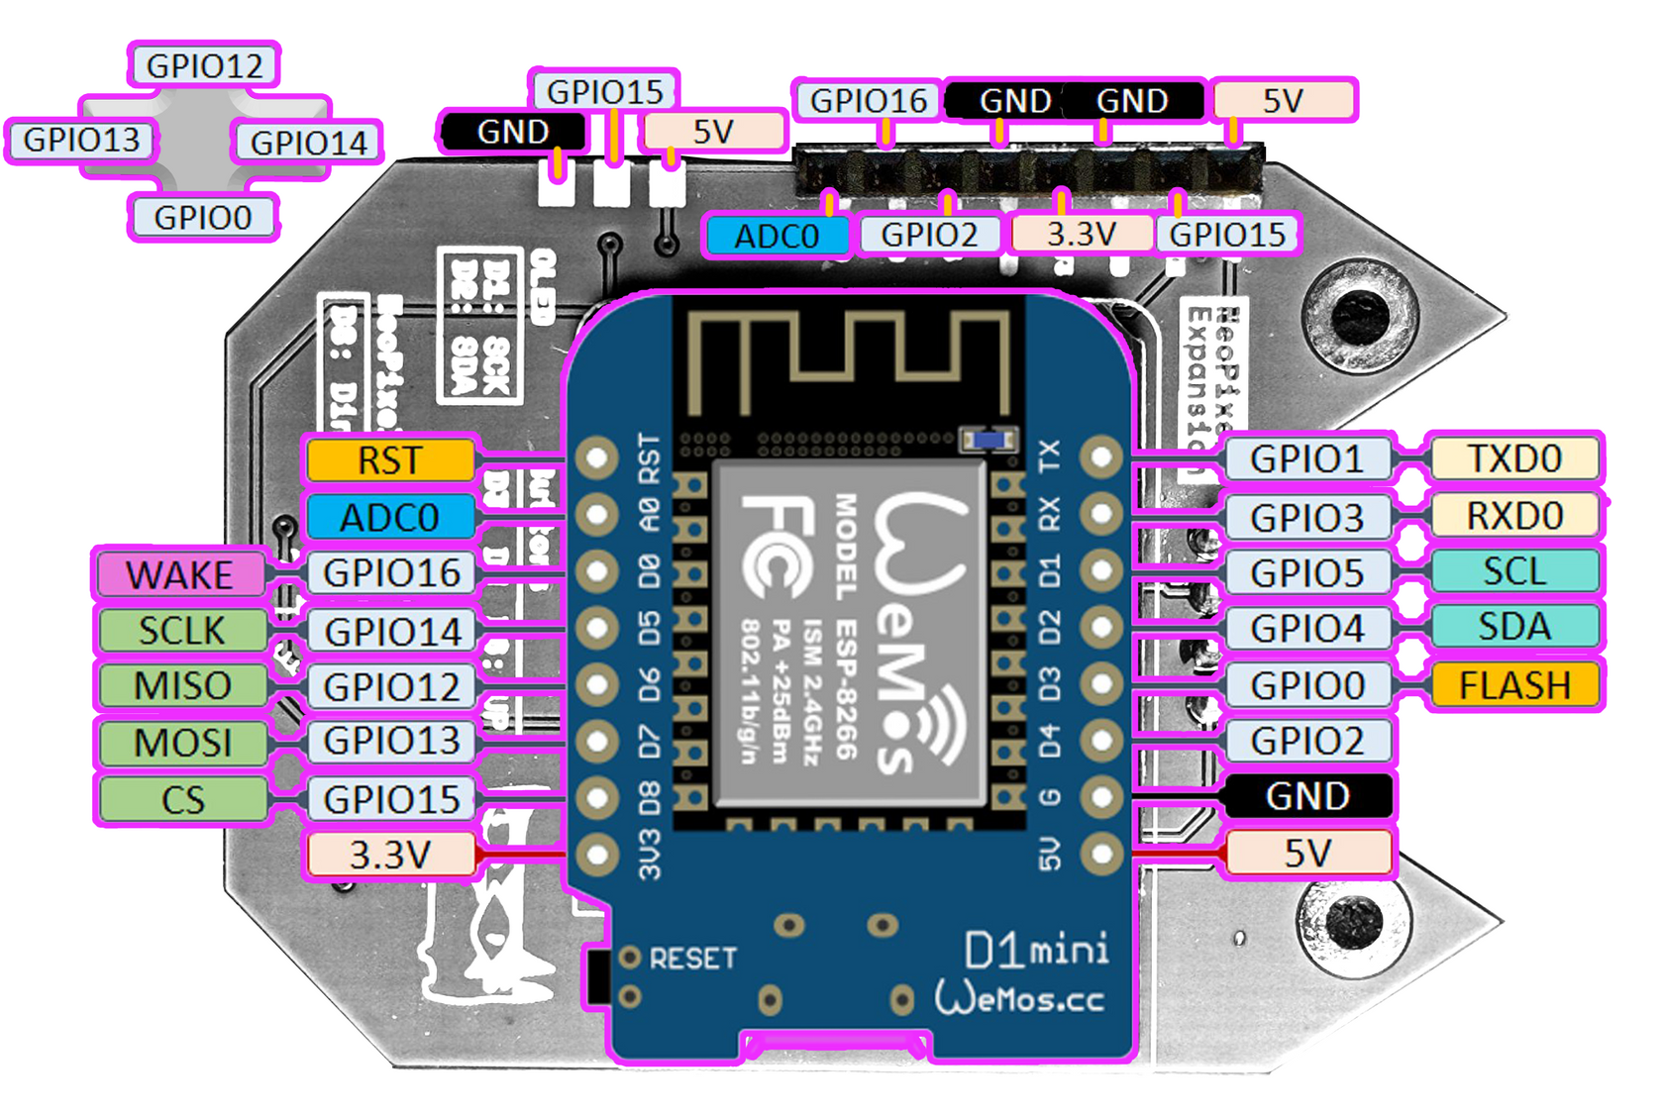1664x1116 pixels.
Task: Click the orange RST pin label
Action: (x=390, y=460)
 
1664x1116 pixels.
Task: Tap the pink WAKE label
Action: (x=180, y=574)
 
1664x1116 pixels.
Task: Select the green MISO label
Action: (x=182, y=685)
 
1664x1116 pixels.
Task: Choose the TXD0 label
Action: (x=1513, y=458)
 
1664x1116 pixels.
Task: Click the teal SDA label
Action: (x=1513, y=627)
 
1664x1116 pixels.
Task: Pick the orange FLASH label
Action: (x=1513, y=685)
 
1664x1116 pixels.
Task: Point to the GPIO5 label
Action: (x=1306, y=572)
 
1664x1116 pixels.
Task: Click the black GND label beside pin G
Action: (x=1306, y=796)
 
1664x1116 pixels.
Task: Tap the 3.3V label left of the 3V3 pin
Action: (x=390, y=855)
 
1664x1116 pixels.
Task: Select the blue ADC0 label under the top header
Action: (x=777, y=236)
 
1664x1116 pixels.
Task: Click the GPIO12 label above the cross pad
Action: (x=204, y=66)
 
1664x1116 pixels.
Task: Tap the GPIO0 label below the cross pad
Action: (x=203, y=217)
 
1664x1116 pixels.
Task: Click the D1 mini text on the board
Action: (x=1036, y=951)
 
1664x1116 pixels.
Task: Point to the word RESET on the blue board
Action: (x=692, y=959)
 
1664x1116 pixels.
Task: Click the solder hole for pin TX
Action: (x=1100, y=457)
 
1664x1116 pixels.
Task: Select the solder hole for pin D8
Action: (x=597, y=798)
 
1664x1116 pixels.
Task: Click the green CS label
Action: (x=182, y=799)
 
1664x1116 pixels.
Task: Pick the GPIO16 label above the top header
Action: (x=868, y=101)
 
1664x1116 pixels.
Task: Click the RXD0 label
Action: (x=1513, y=516)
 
